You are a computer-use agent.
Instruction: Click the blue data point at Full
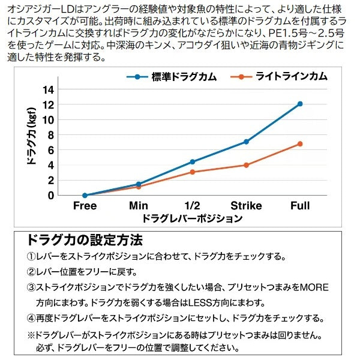[300, 104]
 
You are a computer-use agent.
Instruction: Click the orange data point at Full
[300, 144]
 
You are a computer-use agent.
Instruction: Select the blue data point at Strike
[246, 142]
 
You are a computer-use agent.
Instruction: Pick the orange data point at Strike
[246, 165]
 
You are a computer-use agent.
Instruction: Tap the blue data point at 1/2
[192, 161]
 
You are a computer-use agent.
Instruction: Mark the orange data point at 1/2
[192, 172]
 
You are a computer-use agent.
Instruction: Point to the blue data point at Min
[139, 184]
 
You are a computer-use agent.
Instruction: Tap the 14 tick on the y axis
[49, 89]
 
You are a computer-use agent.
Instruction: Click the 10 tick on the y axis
[49, 119]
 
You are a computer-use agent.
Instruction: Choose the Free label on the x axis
[85, 206]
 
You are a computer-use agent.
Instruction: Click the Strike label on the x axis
[246, 206]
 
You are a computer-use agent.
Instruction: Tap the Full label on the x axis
[300, 206]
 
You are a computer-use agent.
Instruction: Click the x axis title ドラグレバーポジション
[193, 218]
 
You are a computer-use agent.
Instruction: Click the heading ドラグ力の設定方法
[85, 240]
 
